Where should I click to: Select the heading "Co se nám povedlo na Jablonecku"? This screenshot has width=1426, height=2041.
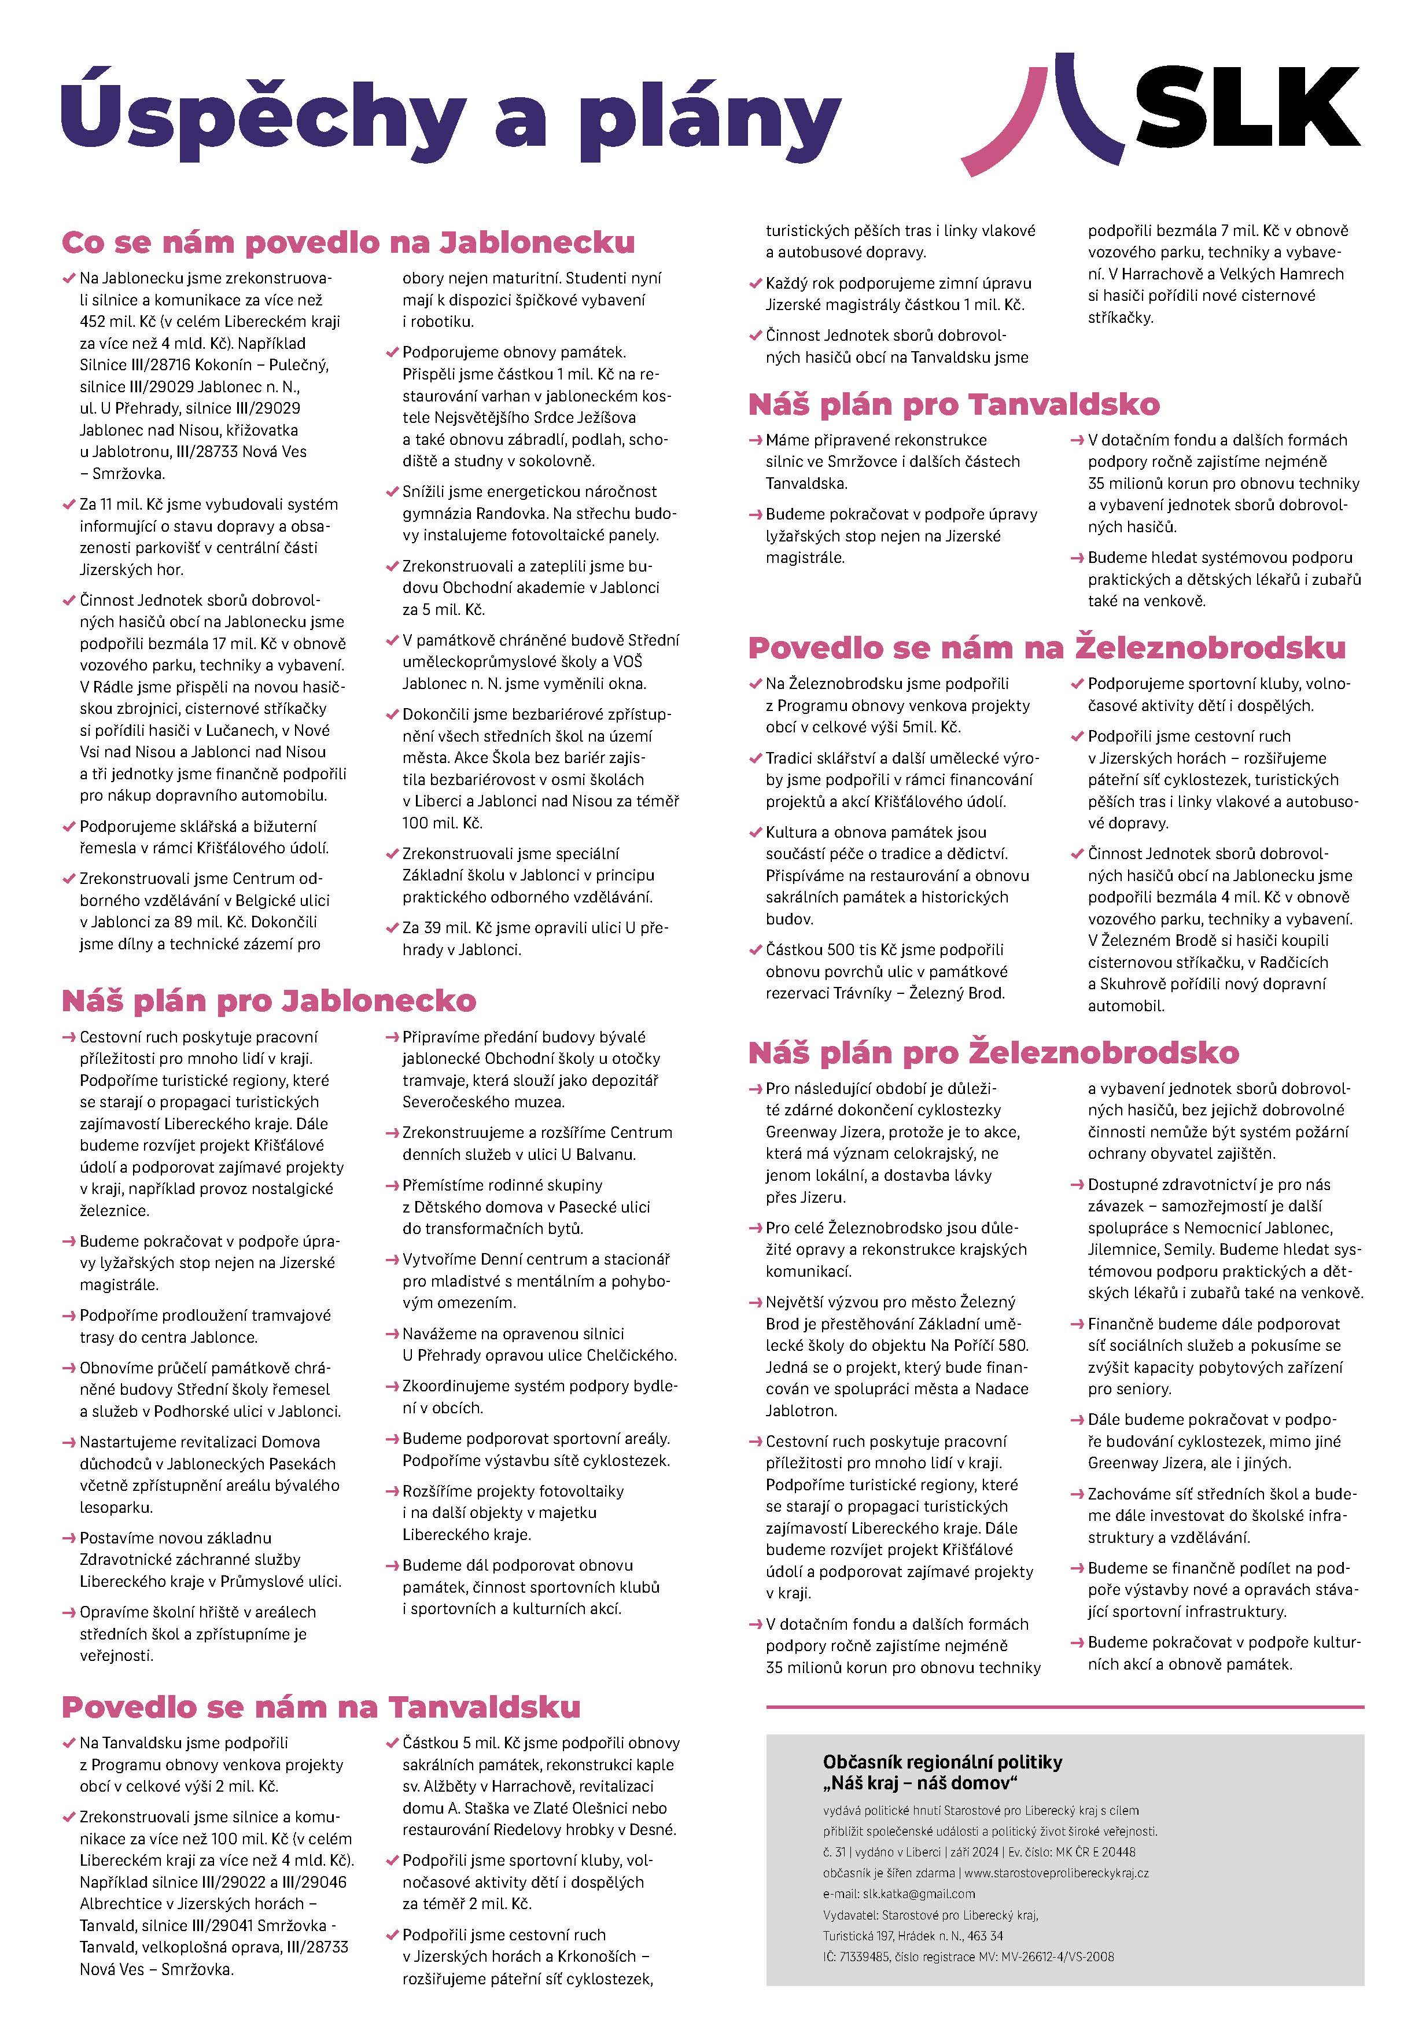tap(348, 242)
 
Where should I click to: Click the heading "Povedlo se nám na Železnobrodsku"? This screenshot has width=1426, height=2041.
tap(1047, 648)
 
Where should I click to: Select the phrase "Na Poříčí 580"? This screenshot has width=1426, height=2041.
tap(978, 1346)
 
